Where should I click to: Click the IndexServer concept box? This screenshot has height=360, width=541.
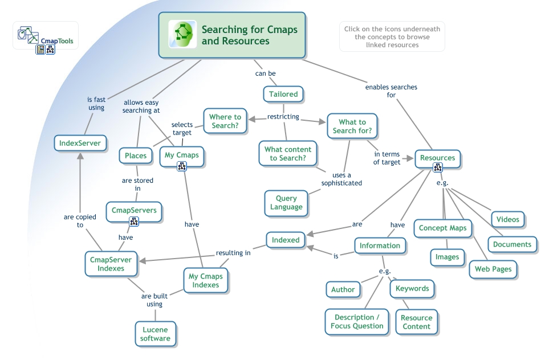point(80,143)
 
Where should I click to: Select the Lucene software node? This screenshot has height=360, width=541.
point(156,334)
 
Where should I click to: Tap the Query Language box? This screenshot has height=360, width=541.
point(286,203)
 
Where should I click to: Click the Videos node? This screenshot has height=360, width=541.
point(507,219)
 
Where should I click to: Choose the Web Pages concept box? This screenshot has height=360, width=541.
point(493,269)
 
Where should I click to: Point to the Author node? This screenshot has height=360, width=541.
point(343,289)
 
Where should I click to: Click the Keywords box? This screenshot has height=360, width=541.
point(412,289)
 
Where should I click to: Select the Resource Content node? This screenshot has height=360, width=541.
point(416,322)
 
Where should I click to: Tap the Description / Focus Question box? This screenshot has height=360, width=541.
point(357,321)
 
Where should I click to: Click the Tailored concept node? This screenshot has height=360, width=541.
point(283,94)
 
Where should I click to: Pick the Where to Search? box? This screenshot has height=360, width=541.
point(225,121)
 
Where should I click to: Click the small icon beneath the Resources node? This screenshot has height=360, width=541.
point(437,167)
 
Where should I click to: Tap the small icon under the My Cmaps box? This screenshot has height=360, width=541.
point(181,166)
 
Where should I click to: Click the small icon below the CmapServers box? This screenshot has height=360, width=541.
point(134,221)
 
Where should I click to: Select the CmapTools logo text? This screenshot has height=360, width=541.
point(56,41)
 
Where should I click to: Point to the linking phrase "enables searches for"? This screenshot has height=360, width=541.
point(391,91)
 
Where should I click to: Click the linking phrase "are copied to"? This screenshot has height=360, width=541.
point(80,221)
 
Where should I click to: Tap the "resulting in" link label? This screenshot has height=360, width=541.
point(233,253)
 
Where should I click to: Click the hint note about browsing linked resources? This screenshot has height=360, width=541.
point(392,37)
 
